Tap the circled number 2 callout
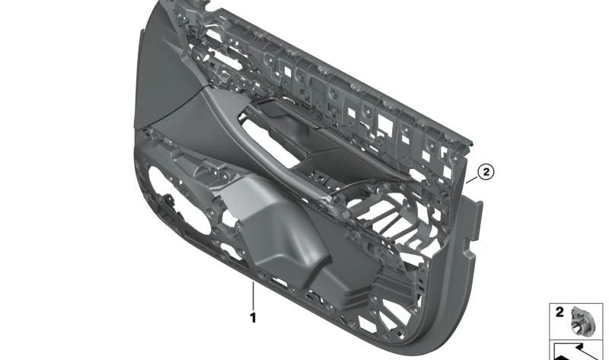tap(486, 172)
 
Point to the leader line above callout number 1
tap(252, 293)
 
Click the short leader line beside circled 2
tap(472, 180)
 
